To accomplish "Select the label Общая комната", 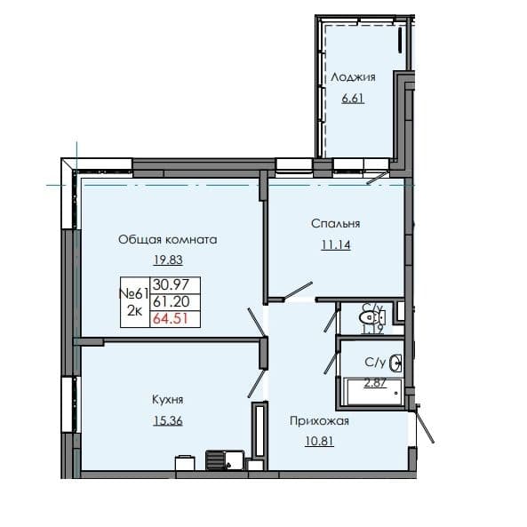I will pos(168,240).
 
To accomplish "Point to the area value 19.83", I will pos(167,261).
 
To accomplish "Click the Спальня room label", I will pos(329,224).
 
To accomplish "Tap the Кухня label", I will pos(167,401).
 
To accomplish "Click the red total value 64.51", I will pos(169,318).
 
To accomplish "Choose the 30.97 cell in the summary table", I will pos(169,285).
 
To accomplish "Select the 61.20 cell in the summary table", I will pos(169,302).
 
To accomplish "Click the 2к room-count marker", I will pos(134,311).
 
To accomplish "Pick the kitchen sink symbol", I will pos(186,459).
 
